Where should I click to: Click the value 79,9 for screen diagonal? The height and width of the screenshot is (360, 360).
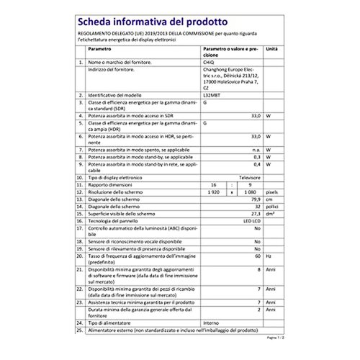tap(251, 199)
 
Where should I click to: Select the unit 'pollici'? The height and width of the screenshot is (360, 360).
tap(272, 206)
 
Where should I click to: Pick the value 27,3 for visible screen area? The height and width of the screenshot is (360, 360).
tap(252, 214)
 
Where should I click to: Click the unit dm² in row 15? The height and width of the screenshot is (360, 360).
tap(270, 214)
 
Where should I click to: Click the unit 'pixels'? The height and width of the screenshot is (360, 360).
tap(271, 192)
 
